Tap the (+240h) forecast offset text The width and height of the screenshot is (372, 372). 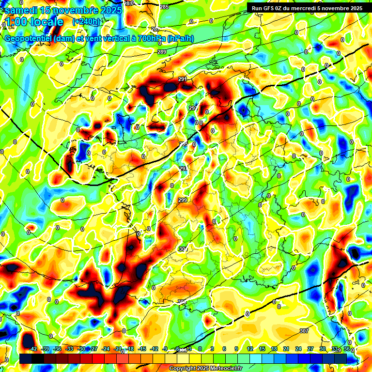coord(86,22)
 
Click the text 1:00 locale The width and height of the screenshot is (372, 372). coord(33,22)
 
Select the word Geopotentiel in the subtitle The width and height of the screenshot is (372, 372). coord(28,38)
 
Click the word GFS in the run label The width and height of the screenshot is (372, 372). coord(273,8)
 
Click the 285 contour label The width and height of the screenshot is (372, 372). coord(164,7)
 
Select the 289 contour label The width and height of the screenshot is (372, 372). coord(162,52)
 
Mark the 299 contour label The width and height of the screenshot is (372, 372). coord(183,200)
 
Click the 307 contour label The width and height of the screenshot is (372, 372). coord(304,331)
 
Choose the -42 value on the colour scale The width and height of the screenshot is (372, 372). coord(33,349)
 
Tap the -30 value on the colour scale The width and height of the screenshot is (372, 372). coord(81,349)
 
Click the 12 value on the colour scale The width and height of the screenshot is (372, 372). coord(250,349)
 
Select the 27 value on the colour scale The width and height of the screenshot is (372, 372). coord(310,349)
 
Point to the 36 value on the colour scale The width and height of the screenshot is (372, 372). coord(346,349)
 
